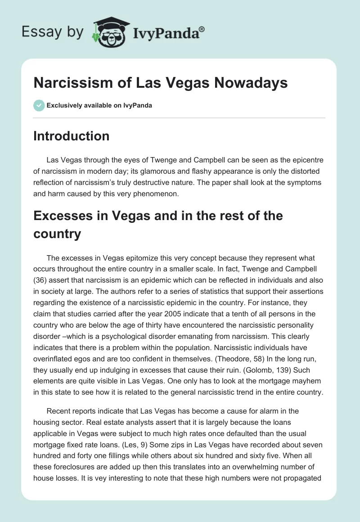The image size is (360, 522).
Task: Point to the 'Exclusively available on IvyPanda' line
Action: point(99,105)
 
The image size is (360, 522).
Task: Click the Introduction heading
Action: point(71,136)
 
